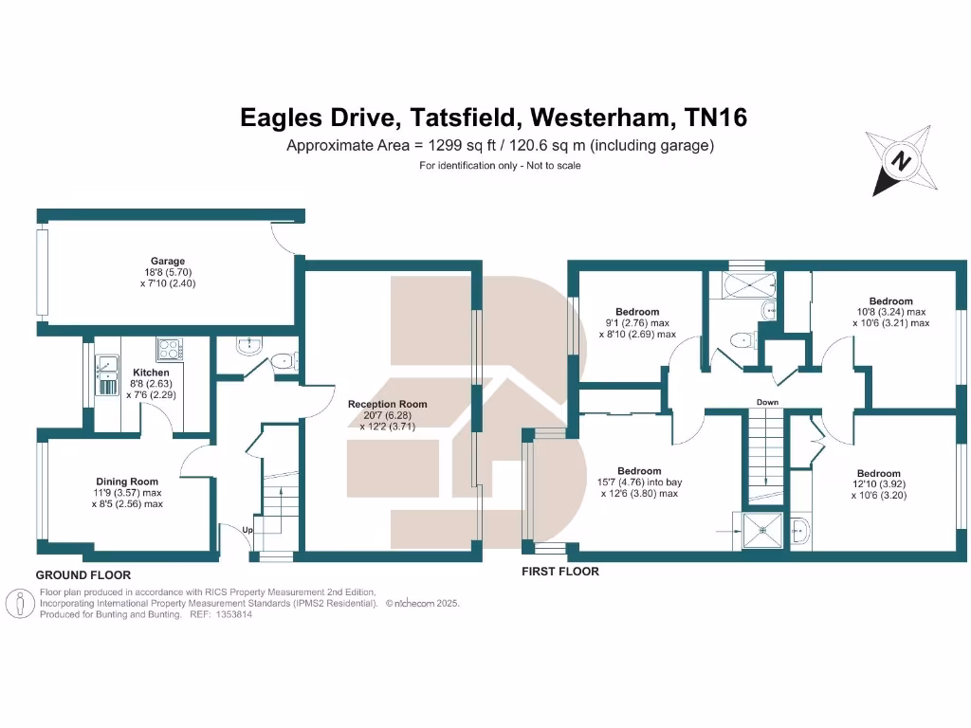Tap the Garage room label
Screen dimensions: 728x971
[x=167, y=262]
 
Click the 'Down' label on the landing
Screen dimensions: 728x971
[x=767, y=402]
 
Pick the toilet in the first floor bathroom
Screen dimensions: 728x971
[x=741, y=338]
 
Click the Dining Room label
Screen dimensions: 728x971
[x=127, y=482]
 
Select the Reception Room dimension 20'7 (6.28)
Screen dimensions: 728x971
[x=387, y=415]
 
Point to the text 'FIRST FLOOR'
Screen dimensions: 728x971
[x=561, y=572]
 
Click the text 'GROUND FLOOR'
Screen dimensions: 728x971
[x=83, y=574]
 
